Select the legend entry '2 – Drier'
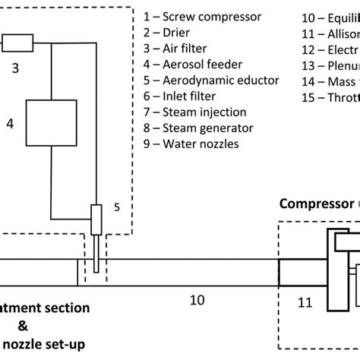170,32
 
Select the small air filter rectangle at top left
17,43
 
